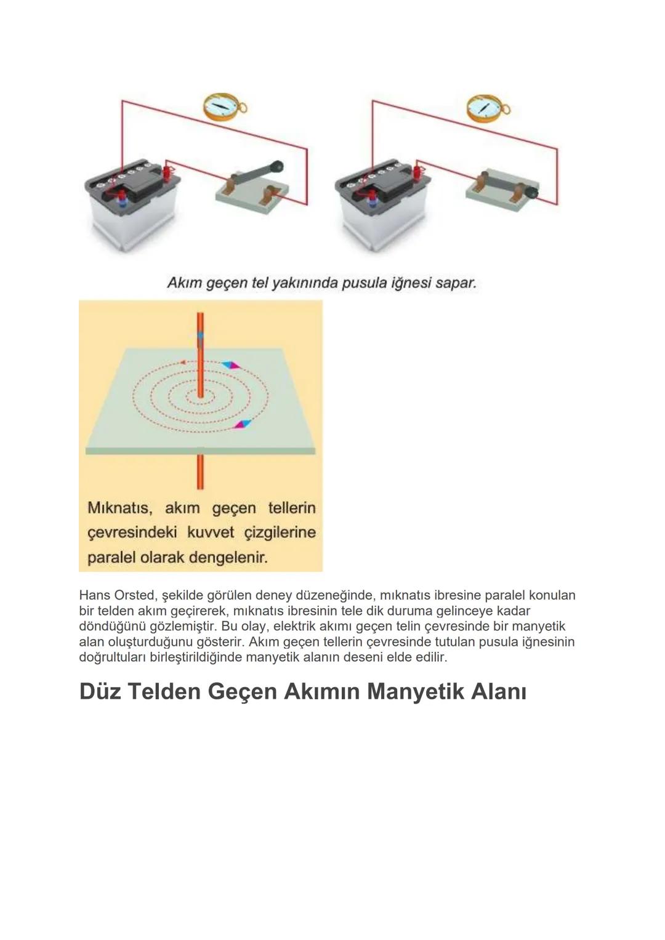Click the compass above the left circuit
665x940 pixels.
pos(222,106)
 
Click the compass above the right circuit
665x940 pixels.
pos(485,108)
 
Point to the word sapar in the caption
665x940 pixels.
pos(456,283)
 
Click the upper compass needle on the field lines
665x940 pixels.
pos(231,365)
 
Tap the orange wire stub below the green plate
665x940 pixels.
pos(199,472)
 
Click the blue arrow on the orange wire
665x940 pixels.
pos(199,337)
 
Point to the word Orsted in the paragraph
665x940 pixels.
pos(135,595)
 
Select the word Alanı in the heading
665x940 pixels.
pos(498,691)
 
